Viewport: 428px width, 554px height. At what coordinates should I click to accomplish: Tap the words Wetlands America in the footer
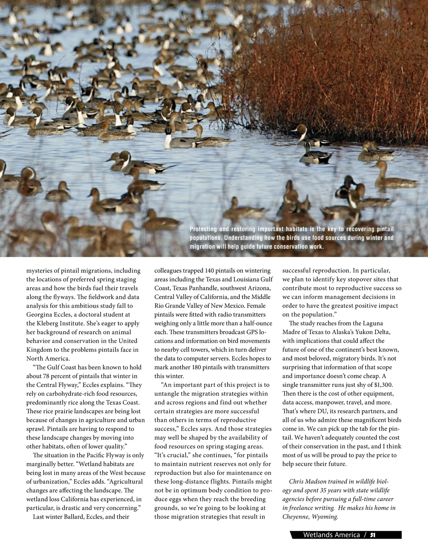coord(331,535)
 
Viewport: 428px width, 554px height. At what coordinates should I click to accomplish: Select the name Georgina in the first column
coord(39,315)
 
